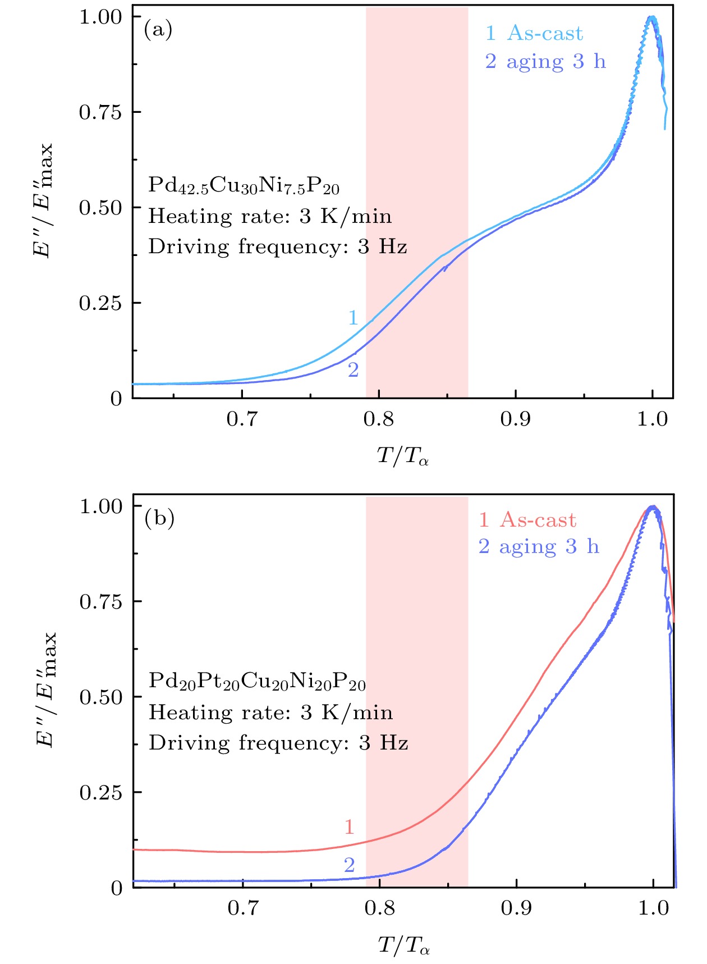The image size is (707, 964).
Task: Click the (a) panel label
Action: pos(158,29)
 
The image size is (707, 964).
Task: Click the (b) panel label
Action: pos(159,518)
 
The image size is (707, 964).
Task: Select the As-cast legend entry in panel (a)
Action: pos(535,34)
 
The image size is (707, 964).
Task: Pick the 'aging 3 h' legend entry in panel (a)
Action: pos(546,61)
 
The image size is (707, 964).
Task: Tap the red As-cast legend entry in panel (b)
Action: pos(527,520)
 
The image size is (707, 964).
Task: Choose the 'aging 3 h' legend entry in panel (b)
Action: pos(539,546)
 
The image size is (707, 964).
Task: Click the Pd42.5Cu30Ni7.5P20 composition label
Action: pos(244,186)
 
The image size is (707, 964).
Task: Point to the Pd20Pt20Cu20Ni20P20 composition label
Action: pos(257,682)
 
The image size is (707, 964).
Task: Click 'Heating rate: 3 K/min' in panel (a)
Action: pos(270,216)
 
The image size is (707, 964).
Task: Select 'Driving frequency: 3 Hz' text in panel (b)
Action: pos(278,743)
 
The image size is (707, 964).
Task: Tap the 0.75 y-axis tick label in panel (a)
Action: pos(100,112)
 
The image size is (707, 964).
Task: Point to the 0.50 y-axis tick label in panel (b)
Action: pos(101,697)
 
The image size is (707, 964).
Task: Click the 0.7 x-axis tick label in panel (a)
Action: pos(242,419)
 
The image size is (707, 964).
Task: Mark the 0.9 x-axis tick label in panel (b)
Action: pos(516,908)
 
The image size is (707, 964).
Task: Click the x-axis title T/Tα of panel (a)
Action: pos(403,456)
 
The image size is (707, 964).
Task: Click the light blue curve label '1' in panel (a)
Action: pos(353,318)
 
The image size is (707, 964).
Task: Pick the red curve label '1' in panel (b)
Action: pos(349,827)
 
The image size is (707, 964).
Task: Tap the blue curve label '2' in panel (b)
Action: pos(349,865)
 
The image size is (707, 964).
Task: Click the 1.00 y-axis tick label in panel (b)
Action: pos(101,506)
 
